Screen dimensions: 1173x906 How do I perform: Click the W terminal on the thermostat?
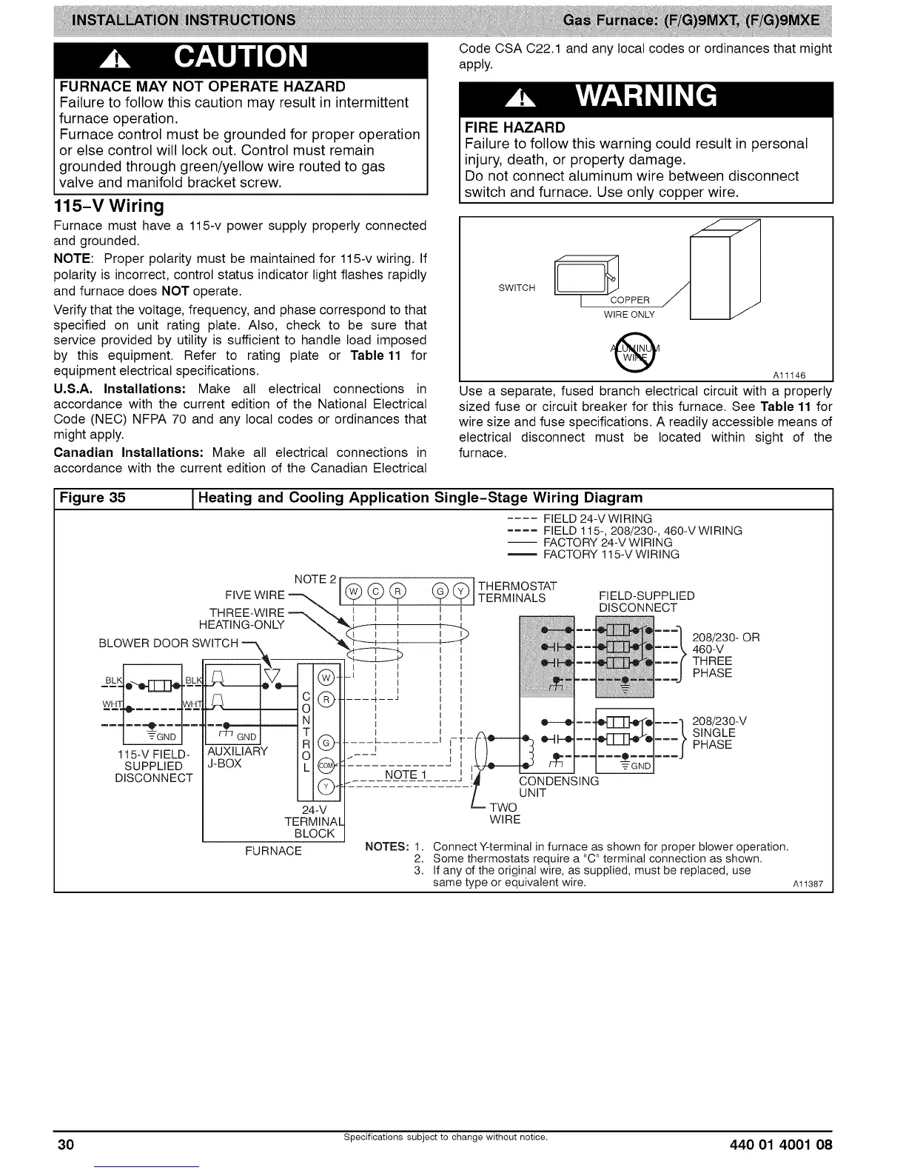pos(353,591)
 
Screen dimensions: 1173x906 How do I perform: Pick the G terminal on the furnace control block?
pos(326,743)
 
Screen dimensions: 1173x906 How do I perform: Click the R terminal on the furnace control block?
pos(326,700)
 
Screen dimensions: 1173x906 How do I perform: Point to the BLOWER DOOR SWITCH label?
pos(169,642)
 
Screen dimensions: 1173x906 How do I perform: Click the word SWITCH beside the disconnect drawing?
pos(517,287)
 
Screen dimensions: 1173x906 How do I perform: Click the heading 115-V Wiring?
pos(109,205)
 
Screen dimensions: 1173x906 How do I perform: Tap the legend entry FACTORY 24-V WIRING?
pos(608,542)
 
